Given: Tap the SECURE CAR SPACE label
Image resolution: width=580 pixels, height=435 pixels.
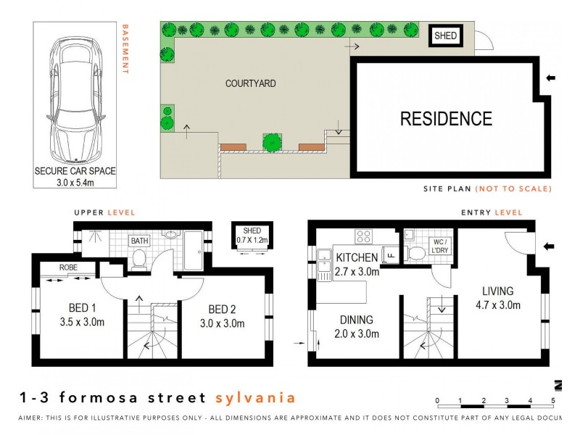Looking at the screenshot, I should click(x=75, y=172).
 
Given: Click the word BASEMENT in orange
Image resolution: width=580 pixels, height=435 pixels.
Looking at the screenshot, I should click(x=125, y=50).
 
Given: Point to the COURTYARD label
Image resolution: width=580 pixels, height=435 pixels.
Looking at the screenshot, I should click(x=250, y=84).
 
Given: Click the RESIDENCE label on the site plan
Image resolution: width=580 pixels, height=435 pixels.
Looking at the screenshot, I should click(x=446, y=119).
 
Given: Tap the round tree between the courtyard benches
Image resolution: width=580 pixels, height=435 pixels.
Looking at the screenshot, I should click(x=272, y=142).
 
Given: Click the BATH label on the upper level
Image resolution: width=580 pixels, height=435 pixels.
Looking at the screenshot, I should click(x=139, y=241).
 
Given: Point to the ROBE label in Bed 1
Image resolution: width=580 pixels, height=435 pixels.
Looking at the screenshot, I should click(x=69, y=268).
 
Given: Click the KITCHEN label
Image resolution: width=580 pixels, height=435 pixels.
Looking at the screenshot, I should click(x=357, y=257).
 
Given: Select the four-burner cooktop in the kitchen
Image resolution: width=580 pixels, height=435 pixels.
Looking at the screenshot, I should click(x=363, y=236).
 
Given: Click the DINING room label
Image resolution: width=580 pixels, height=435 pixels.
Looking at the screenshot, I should click(x=355, y=320).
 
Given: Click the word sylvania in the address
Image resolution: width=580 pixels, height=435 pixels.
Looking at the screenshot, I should click(x=255, y=397).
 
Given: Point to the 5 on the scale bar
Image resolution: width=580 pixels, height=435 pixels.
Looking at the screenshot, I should click(x=553, y=400).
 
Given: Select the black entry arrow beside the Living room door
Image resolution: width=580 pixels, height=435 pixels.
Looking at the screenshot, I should click(x=548, y=247).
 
